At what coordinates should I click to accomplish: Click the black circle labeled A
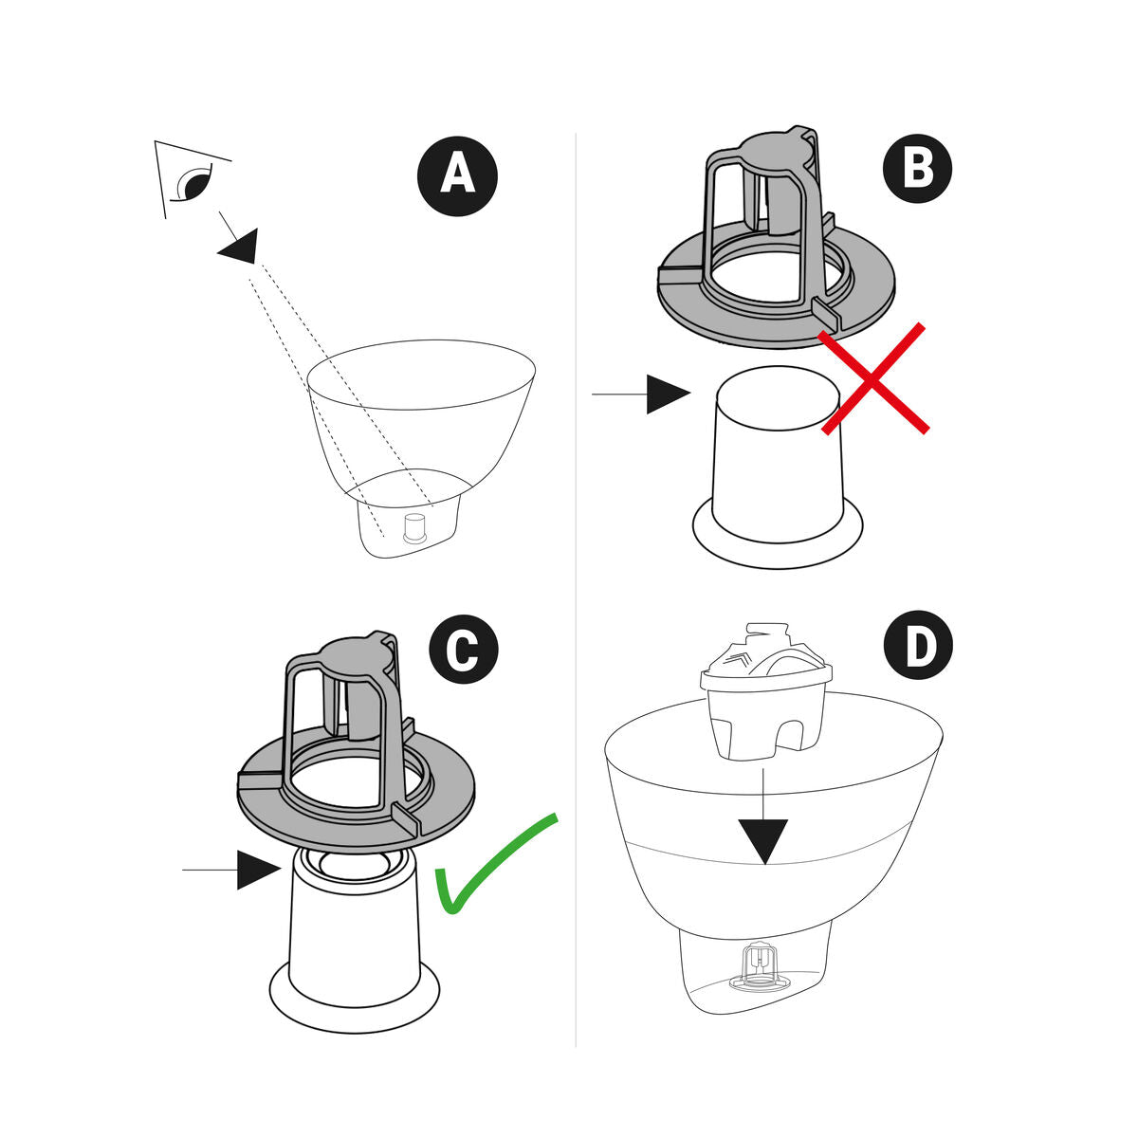pos(457,176)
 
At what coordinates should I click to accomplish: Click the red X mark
pos(873,378)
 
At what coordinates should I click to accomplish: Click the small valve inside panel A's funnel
pos(414,528)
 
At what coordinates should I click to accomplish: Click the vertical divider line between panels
pos(577,588)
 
